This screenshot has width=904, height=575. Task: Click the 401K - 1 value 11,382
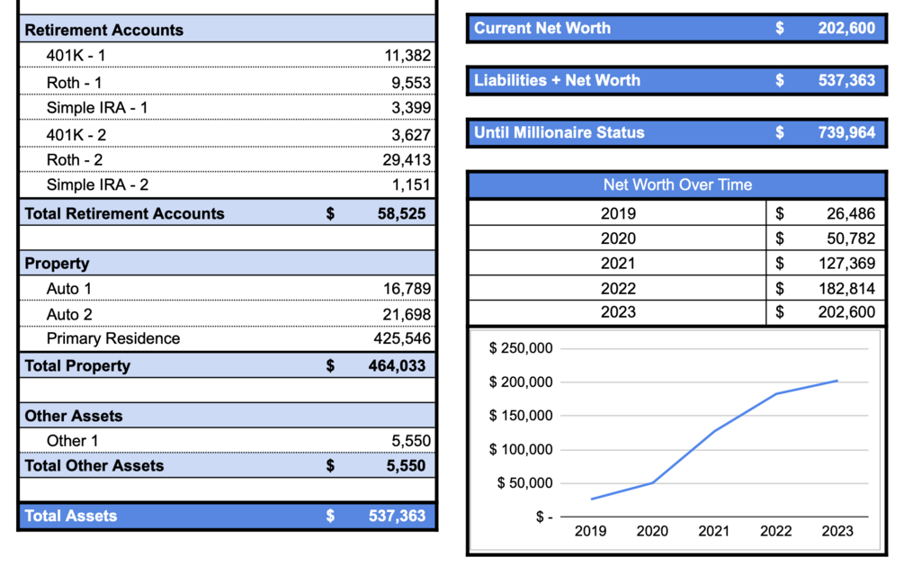tap(407, 56)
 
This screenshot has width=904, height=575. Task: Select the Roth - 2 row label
tap(75, 160)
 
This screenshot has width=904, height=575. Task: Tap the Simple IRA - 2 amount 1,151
tap(411, 184)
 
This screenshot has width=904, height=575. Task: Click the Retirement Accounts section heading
tap(103, 30)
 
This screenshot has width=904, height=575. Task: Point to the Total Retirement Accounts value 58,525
tap(401, 213)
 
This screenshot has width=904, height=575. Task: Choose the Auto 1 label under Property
tap(69, 288)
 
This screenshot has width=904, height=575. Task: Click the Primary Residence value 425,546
tap(402, 338)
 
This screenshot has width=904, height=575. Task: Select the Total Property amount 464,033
tap(397, 365)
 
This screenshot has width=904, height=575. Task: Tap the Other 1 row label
tap(73, 441)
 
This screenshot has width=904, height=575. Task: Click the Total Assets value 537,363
tap(397, 516)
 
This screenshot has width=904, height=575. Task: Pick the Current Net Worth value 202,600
tap(846, 28)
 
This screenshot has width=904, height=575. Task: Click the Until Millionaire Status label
tap(559, 132)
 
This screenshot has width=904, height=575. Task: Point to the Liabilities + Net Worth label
tap(557, 80)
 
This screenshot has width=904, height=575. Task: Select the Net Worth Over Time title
tap(677, 184)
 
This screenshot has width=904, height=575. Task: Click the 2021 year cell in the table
tap(618, 263)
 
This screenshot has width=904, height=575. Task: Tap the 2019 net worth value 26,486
tap(851, 213)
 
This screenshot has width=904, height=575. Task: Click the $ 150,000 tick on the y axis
tap(521, 415)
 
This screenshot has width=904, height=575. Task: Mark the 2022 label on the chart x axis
tap(775, 531)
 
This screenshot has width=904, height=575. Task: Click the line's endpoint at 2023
tap(837, 381)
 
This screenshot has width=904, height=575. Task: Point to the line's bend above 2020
tap(653, 482)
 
